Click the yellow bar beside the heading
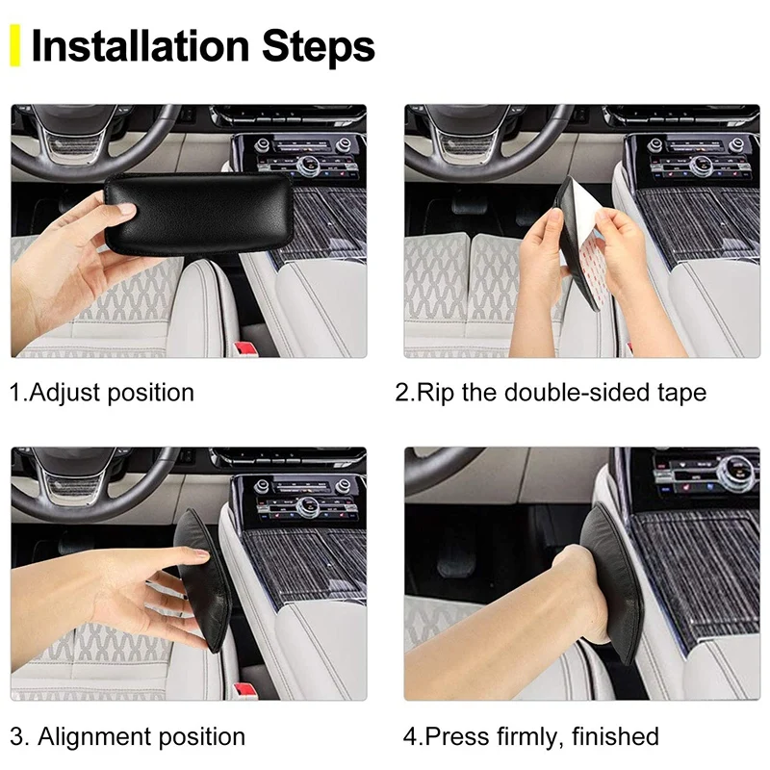tap(14, 47)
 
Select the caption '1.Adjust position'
tap(102, 393)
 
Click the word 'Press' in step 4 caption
tap(457, 737)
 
